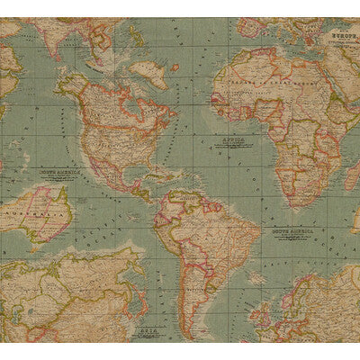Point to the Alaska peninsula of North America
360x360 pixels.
tap(64, 85)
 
